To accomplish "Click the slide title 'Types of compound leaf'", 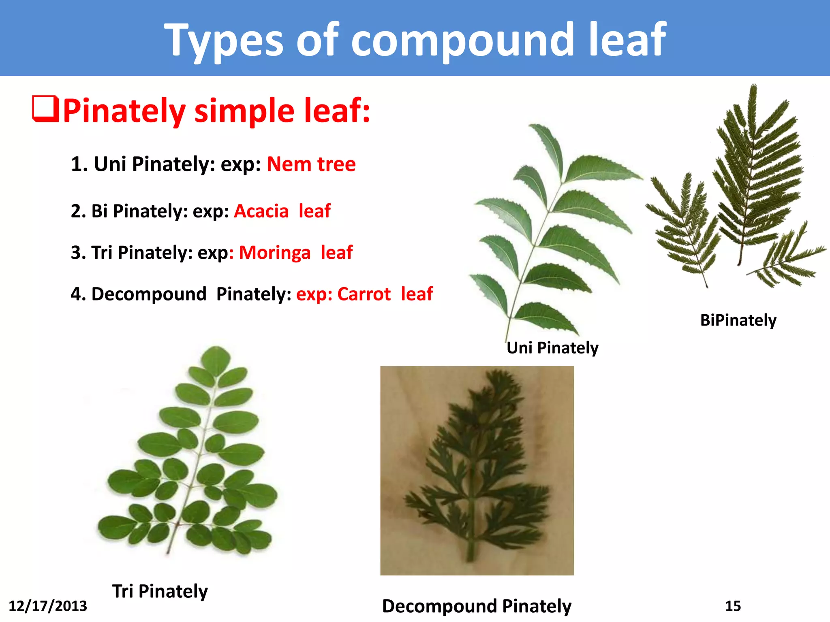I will coord(415,39).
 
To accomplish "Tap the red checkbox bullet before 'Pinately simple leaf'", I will coord(45,109).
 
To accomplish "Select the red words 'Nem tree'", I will coord(311,164).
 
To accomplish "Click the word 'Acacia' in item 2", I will coord(261,211).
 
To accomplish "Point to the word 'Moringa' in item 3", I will coord(275,253).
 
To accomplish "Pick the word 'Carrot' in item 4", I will coord(364,294).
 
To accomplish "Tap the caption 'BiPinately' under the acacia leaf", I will coord(738,320).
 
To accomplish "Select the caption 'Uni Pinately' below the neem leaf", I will coord(552,347).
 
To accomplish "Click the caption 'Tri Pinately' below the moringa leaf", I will coord(160,591).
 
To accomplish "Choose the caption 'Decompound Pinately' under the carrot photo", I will coord(477,606).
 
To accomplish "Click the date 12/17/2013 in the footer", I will coord(48,606).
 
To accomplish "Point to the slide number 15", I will coord(733,606).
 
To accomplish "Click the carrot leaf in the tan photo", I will coord(478,458).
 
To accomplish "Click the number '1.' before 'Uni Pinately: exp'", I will coord(79,164).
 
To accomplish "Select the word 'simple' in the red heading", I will coord(244,111).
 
